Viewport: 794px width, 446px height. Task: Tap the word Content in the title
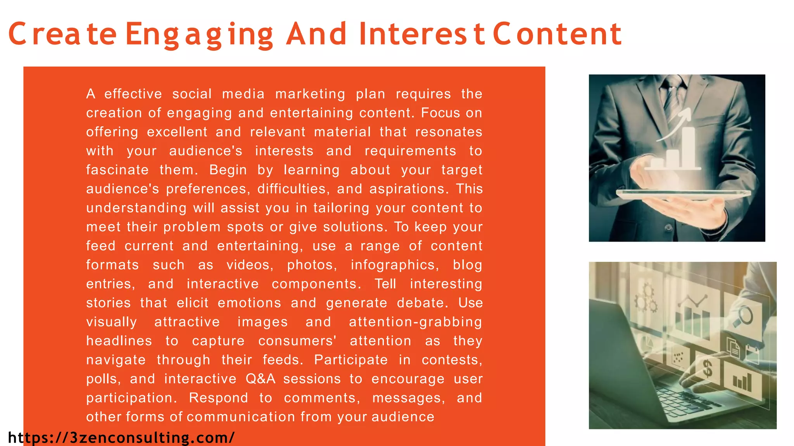pos(557,34)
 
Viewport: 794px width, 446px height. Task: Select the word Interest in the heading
pos(422,34)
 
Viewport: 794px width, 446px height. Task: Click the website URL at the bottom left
pos(121,438)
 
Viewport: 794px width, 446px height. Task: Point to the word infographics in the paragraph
pos(395,265)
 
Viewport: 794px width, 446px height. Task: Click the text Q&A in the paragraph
pos(261,379)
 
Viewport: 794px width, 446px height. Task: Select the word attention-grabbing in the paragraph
pos(415,322)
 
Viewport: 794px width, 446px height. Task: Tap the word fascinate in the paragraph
pos(117,170)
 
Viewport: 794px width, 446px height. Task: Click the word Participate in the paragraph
pos(351,360)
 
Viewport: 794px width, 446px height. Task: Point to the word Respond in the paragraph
pos(218,398)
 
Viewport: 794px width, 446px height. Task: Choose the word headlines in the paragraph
pos(119,341)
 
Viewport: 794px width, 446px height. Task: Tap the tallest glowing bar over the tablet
pos(688,147)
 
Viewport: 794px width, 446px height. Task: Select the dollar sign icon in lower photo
pos(708,368)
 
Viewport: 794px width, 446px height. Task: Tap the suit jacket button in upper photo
pos(668,228)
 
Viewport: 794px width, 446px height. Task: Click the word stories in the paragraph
pos(109,303)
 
